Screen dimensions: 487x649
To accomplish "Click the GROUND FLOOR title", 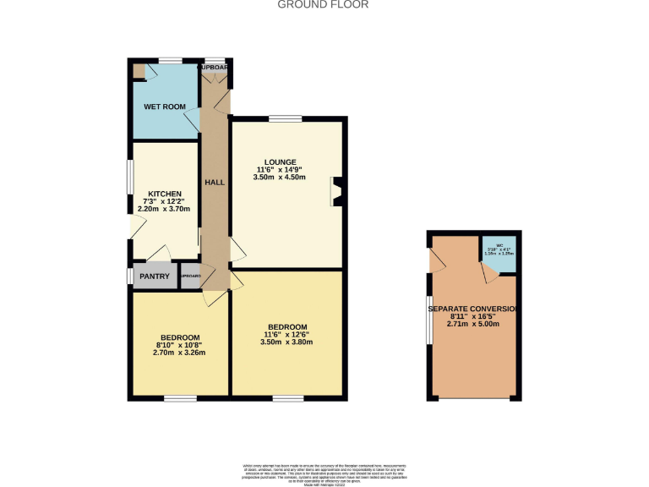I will click(324, 4).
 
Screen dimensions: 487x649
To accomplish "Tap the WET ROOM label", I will click(164, 107).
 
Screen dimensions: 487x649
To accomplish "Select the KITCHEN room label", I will click(165, 194).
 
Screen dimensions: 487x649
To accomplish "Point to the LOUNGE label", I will click(278, 161).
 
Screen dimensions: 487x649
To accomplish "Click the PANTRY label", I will click(155, 276).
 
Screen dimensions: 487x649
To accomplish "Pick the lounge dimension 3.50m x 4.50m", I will click(278, 178).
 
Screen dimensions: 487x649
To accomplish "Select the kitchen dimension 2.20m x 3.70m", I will click(165, 209).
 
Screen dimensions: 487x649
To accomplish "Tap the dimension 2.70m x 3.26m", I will click(179, 353).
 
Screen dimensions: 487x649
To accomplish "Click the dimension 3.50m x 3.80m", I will click(287, 342).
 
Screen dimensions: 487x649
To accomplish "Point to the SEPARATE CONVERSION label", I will click(472, 308).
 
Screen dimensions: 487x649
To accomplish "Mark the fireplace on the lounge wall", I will click(335, 191).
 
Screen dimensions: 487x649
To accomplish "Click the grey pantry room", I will click(155, 277).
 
